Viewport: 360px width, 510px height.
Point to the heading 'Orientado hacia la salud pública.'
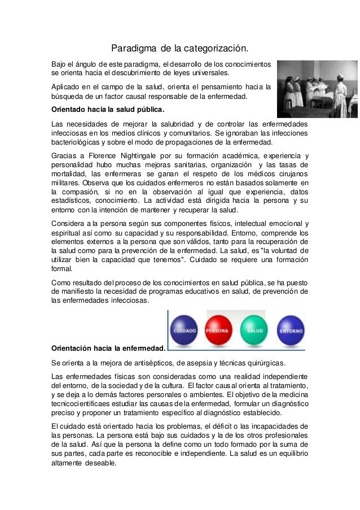click(107, 108)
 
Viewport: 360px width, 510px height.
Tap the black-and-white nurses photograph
click(317, 87)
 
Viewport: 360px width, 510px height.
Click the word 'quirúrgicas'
click(265, 362)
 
